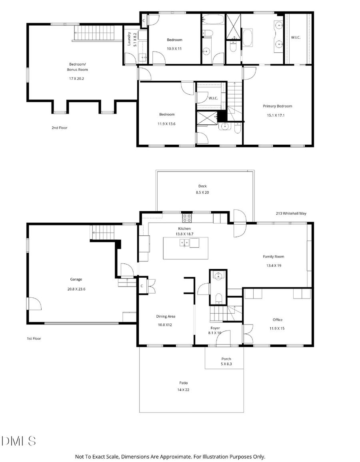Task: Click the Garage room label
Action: coord(76,279)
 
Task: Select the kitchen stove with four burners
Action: coord(187,218)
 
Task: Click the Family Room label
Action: coord(273,257)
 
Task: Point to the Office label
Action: coord(278,320)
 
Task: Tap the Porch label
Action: coord(226,358)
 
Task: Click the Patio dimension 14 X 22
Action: coord(184,389)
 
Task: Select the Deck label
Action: coord(202,186)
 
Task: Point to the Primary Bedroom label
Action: coord(277,106)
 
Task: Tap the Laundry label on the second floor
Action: coord(129,39)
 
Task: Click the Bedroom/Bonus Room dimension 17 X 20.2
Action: coord(76,78)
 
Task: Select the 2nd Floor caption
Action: coord(60,128)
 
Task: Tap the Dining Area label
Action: coord(166,316)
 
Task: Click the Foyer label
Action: coord(215,328)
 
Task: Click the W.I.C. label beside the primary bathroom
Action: coord(296,37)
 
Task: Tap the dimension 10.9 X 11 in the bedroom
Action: coord(174,48)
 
